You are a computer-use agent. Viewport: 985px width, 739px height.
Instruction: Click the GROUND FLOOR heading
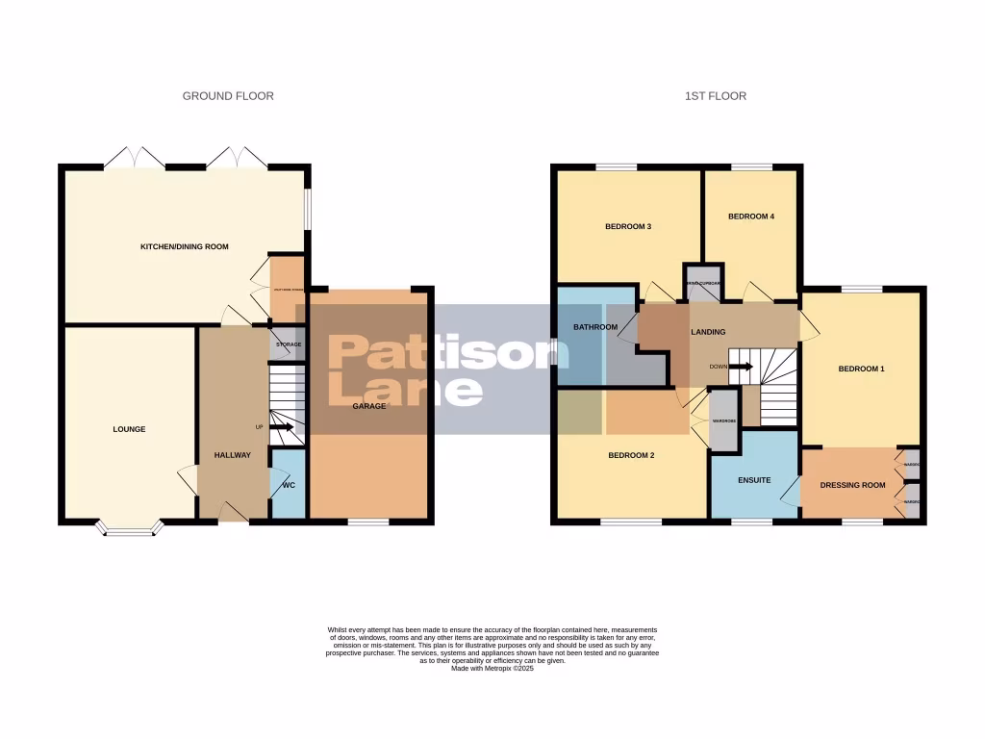[228, 96]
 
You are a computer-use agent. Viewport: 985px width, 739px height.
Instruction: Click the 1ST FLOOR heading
[715, 96]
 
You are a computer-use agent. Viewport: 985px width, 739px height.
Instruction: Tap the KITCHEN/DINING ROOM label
[185, 247]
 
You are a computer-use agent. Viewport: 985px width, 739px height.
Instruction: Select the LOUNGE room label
[129, 429]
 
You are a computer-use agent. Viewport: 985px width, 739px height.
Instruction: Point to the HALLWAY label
[231, 455]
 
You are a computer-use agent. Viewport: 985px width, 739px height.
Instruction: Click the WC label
[288, 485]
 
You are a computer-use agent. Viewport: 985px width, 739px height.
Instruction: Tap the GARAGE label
[368, 406]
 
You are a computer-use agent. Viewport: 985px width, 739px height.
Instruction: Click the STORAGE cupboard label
[289, 344]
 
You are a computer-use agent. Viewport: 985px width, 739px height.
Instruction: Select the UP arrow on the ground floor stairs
[282, 427]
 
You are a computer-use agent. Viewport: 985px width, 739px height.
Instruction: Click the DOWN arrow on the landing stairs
[740, 367]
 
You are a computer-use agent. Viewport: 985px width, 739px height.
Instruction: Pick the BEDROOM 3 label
[628, 227]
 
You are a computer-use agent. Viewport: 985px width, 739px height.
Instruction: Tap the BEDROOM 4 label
[750, 217]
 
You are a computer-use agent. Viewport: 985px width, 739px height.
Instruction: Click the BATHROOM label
[595, 327]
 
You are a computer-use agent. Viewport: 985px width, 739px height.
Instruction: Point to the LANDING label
[708, 332]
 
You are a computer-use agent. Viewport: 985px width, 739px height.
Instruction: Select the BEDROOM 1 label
[861, 369]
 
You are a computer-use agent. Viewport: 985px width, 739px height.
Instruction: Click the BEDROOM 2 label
[631, 455]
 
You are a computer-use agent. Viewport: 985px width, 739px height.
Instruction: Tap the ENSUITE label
[755, 479]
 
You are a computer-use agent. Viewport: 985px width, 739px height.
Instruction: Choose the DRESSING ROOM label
[852, 485]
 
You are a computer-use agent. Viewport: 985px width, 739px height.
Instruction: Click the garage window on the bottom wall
[368, 522]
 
